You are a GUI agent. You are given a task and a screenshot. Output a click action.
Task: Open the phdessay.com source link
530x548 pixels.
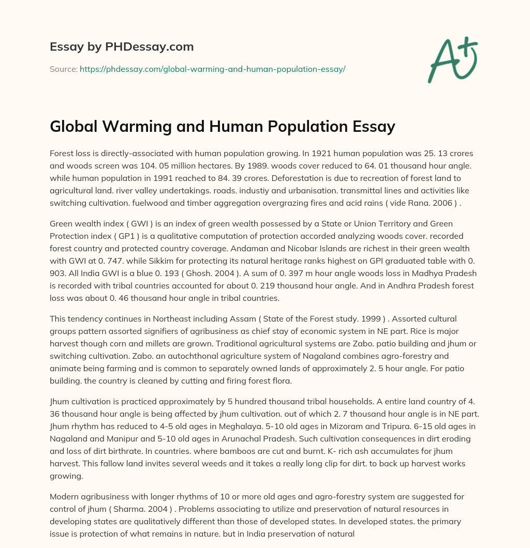point(212,68)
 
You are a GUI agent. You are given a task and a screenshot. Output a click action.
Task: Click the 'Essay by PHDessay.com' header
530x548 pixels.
point(122,47)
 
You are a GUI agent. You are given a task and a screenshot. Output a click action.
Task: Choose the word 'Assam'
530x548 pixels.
point(246,319)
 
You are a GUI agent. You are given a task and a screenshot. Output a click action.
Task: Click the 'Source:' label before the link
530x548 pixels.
point(63,68)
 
